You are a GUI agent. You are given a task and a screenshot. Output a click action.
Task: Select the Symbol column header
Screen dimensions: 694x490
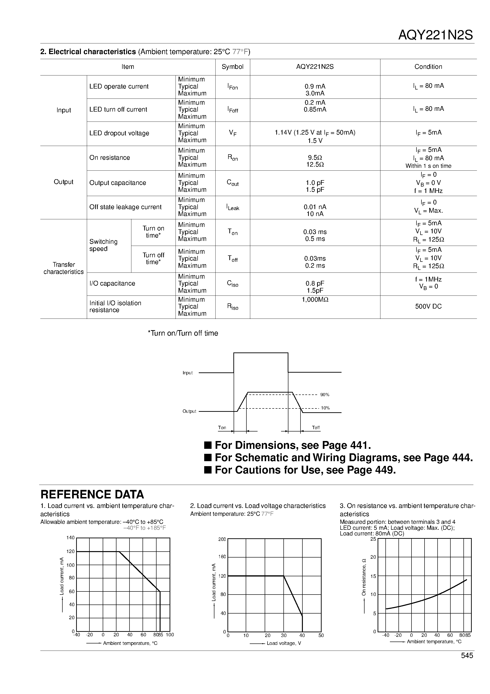232,67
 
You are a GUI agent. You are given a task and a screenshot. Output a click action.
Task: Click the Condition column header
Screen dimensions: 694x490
428,67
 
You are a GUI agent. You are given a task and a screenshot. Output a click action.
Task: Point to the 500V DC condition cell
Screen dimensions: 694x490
428,306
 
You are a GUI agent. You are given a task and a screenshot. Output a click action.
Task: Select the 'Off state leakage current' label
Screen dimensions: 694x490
125,207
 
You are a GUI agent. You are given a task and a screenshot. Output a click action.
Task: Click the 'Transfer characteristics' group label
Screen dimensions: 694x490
63,268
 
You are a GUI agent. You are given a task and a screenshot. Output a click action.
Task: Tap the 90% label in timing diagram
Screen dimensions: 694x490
325,395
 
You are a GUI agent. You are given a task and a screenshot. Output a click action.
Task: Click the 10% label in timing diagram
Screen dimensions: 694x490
325,408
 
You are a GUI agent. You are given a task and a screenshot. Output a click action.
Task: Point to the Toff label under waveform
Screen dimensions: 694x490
316,427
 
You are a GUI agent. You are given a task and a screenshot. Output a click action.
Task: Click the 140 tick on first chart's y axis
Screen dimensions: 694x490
70,538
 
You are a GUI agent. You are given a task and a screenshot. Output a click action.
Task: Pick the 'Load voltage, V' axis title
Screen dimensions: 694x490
284,643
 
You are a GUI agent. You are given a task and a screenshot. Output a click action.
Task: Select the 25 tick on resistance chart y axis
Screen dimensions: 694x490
373,539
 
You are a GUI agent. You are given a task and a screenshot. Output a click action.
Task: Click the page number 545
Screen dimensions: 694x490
467,656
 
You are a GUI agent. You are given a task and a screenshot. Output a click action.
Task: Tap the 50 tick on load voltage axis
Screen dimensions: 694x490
321,635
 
